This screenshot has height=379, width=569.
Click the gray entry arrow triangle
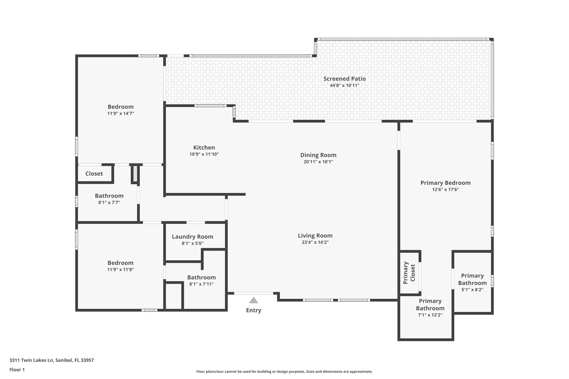pos(253,300)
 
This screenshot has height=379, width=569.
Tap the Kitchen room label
pos(204,148)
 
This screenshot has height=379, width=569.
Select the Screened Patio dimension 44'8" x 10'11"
pos(345,86)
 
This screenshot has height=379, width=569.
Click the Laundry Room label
pos(193,237)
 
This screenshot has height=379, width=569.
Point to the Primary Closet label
pos(409,273)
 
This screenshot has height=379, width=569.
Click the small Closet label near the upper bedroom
pos(94,174)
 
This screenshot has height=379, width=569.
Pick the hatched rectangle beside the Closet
pos(135,174)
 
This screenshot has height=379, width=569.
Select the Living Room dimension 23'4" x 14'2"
pos(315,242)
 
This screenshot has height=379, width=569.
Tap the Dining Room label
pos(318,155)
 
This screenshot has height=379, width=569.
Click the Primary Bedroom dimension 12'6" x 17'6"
pos(445,190)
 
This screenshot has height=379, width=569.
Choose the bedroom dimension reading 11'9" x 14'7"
pos(121,114)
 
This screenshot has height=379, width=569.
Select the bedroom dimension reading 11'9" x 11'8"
pos(121,270)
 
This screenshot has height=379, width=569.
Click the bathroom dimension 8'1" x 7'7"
pos(109,203)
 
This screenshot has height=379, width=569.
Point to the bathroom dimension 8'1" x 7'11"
pos(201,284)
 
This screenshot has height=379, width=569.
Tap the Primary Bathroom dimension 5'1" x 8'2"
pos(472,290)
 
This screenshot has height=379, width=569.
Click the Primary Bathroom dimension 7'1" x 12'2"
pos(430,315)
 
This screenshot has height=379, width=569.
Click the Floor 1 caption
pos(17,370)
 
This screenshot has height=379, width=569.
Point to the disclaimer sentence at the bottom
pos(284,372)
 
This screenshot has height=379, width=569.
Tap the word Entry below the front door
pos(253,310)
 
